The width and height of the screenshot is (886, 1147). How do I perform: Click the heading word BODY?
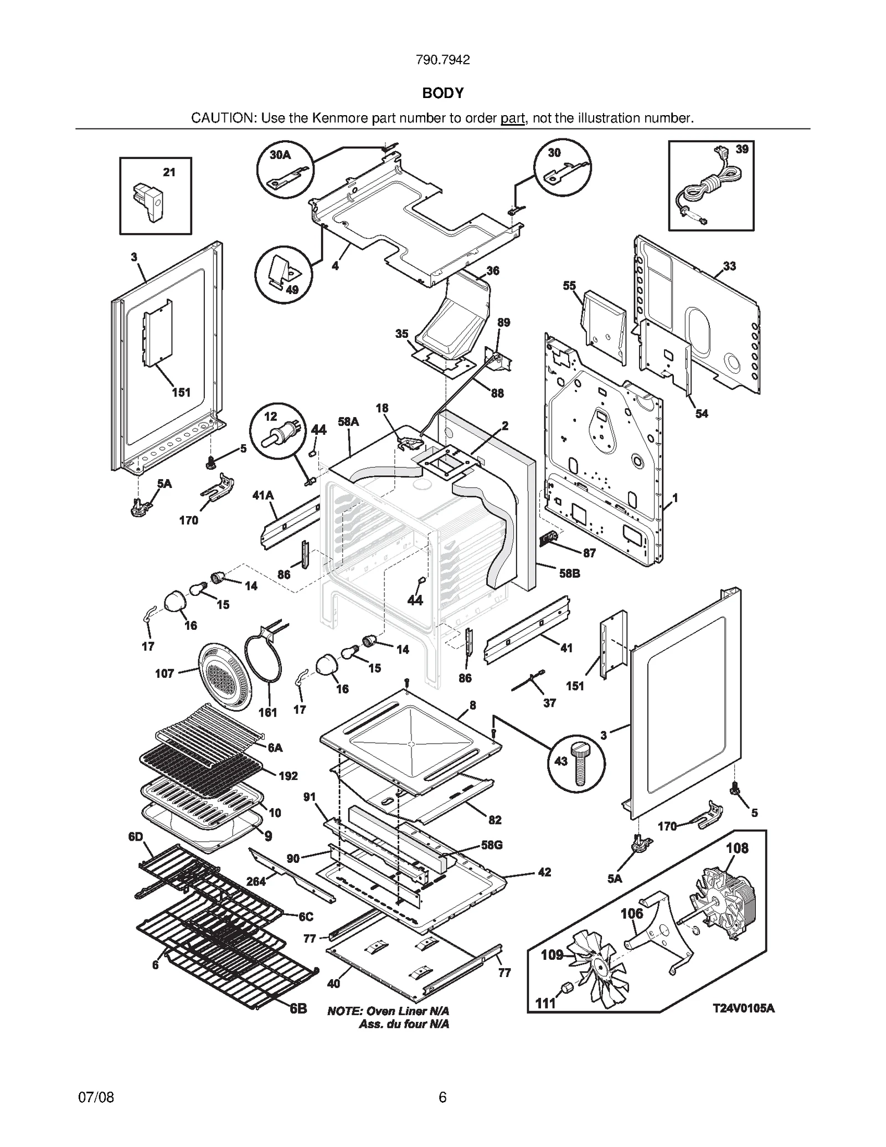pos(442,93)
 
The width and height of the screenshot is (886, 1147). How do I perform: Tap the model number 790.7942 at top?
pos(442,60)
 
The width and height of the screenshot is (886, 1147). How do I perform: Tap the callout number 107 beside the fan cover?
pos(164,673)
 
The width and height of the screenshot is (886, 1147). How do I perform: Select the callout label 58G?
pos(492,845)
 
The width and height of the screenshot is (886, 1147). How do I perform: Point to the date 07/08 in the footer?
pos(96,1097)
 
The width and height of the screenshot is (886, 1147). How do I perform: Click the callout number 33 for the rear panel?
pos(729,266)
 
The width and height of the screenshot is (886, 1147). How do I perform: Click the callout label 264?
pos(256,881)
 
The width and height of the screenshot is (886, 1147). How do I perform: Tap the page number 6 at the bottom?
pos(442,1097)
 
